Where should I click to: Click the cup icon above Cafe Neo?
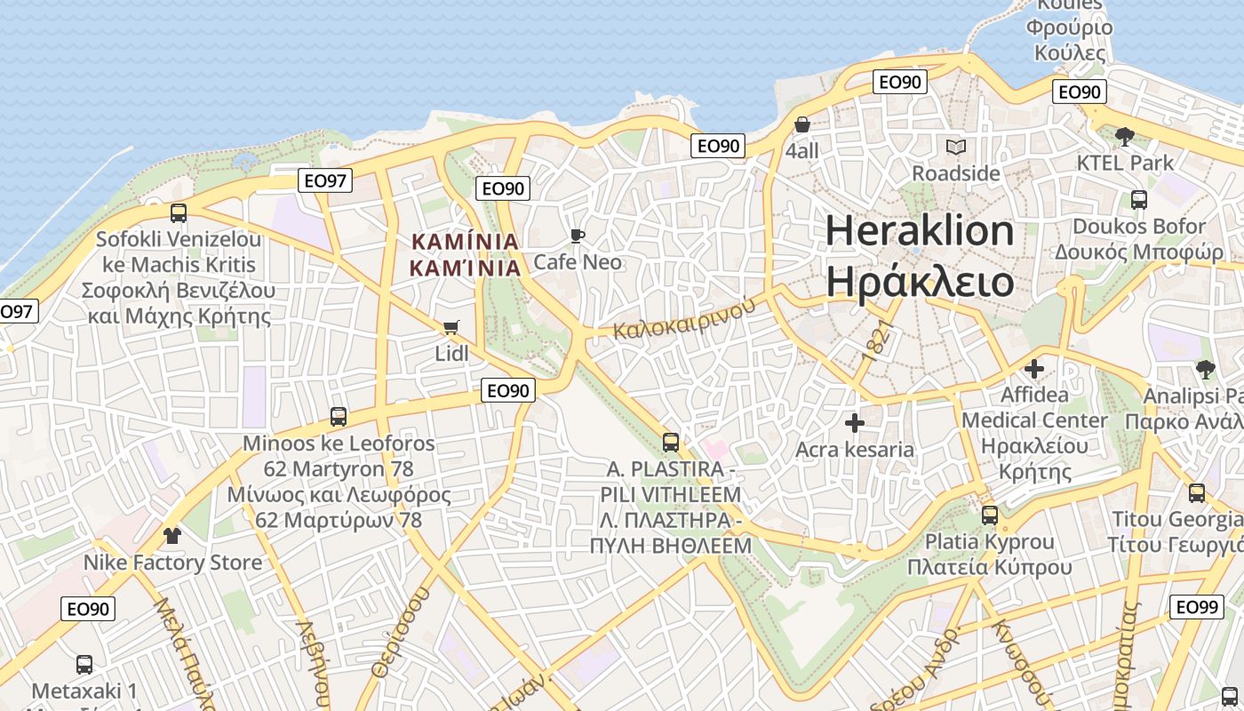(578, 236)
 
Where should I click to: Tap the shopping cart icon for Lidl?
(451, 327)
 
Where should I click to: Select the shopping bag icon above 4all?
(802, 124)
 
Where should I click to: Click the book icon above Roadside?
(956, 147)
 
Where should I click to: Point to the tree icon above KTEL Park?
(1125, 137)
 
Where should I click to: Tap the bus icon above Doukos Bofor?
(1139, 200)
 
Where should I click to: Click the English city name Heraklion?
(920, 231)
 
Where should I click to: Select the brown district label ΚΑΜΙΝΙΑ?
(465, 242)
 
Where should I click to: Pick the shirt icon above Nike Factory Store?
(172, 536)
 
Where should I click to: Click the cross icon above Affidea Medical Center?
(1034, 368)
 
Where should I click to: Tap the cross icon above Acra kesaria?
(855, 423)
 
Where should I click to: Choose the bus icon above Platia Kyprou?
(990, 515)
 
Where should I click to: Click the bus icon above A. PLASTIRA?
(671, 442)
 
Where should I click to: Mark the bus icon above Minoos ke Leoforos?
(339, 416)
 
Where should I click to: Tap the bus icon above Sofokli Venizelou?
(179, 212)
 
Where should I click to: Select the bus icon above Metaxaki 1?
(84, 664)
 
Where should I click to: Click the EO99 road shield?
(1195, 607)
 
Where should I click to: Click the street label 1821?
(875, 340)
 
